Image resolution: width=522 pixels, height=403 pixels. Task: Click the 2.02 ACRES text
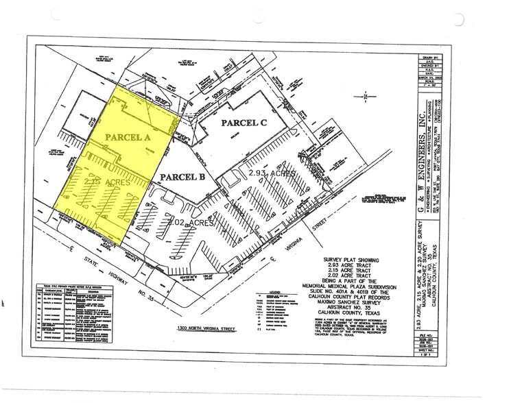click(192, 223)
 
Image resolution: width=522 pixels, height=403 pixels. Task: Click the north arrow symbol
click(368, 97)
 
